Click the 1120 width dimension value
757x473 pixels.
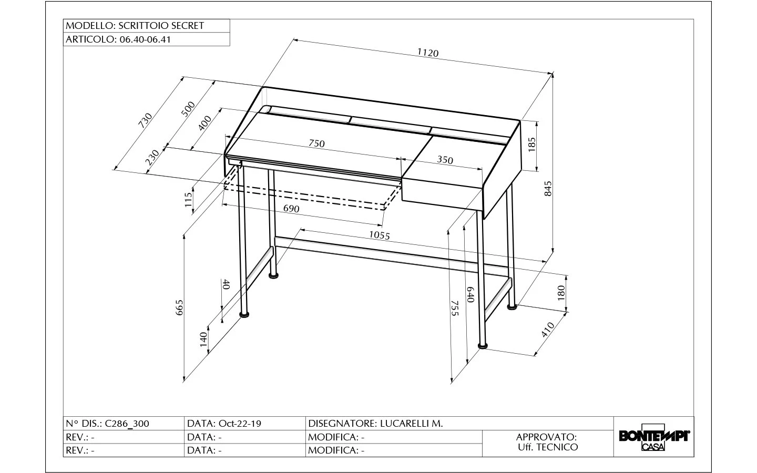(x=428, y=53)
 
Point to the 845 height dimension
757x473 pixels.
(x=548, y=189)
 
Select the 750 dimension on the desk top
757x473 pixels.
(x=316, y=143)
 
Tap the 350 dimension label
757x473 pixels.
(x=445, y=160)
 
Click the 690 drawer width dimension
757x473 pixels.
(x=291, y=209)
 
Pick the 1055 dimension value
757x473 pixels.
(x=380, y=235)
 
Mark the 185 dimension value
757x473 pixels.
(x=531, y=145)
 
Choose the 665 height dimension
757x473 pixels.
(x=179, y=307)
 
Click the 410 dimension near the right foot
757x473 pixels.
(x=548, y=330)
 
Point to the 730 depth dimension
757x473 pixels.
(x=146, y=121)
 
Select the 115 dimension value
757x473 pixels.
(x=188, y=200)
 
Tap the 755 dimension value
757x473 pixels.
(x=455, y=309)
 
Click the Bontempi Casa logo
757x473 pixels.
(x=654, y=437)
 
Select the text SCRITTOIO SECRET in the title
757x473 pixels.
(x=161, y=26)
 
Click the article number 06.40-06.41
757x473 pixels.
(x=145, y=39)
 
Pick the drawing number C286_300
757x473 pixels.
(x=127, y=424)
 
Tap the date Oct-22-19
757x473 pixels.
(x=240, y=424)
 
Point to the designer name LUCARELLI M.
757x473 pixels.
(x=411, y=424)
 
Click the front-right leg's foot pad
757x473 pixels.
(x=483, y=346)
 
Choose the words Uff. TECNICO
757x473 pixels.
(x=548, y=447)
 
